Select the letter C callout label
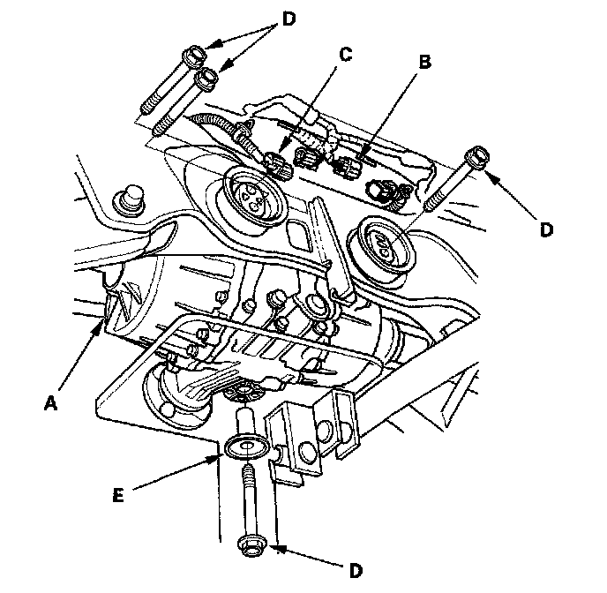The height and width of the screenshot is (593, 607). [x=345, y=55]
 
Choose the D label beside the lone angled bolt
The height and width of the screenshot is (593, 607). [x=546, y=229]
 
